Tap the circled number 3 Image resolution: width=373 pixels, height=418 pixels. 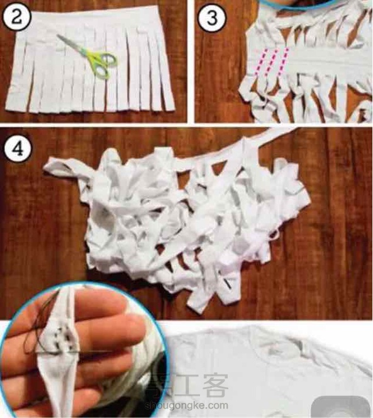click(x=212, y=18)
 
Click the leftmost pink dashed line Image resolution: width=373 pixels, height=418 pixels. click(x=260, y=62)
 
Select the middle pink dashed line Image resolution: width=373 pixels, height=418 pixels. click(x=272, y=62)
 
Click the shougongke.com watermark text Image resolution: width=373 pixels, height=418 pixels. click(x=186, y=405)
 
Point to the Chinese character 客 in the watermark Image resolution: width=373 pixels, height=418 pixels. click(x=216, y=385)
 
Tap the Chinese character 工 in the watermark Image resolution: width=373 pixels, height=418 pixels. click(x=186, y=385)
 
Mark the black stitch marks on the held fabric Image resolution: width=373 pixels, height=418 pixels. click(x=64, y=339)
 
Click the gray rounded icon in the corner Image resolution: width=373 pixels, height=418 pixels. click(x=342, y=407)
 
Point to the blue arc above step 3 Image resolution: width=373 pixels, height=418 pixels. click(x=299, y=6)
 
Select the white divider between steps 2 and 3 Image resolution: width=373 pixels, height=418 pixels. click(x=191, y=62)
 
